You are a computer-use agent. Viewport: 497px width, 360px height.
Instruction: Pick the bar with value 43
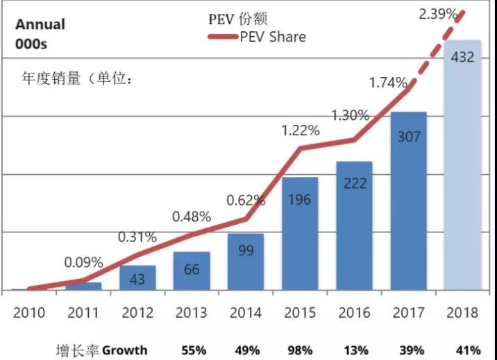[x=137, y=277]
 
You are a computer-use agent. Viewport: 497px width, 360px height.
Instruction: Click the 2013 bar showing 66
[x=192, y=271]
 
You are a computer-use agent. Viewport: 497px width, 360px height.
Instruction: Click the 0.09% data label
[x=83, y=263]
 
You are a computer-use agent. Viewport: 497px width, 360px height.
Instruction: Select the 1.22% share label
[x=300, y=130]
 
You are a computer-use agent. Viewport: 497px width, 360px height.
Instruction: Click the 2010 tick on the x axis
[x=28, y=312]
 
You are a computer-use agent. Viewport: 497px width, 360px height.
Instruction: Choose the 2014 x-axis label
[x=245, y=312]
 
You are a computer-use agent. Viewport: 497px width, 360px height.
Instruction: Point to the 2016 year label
[x=354, y=312]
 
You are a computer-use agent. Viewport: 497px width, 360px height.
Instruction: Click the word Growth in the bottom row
[x=125, y=350]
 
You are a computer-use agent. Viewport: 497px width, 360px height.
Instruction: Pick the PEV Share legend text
[x=273, y=37]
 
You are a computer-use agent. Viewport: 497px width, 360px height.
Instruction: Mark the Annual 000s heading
[x=40, y=33]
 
